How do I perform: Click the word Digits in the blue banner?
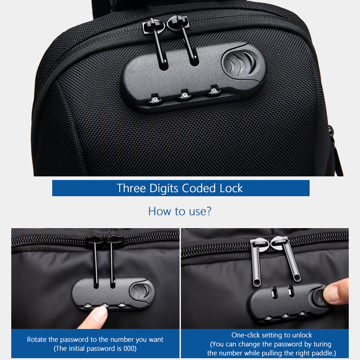(x=164, y=189)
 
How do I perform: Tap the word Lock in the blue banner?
(x=231, y=188)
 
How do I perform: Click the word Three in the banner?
(x=131, y=188)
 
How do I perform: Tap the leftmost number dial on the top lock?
(x=154, y=99)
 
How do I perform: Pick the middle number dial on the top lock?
(x=184, y=95)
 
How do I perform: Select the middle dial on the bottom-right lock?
(x=285, y=316)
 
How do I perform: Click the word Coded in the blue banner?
(x=199, y=188)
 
